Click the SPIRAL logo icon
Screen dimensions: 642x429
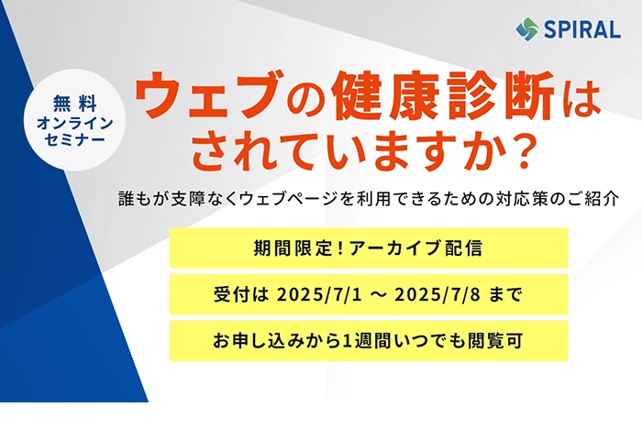(527, 29)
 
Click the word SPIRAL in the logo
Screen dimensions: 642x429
(582, 30)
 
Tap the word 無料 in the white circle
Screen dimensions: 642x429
(75, 104)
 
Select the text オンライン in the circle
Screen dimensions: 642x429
(75, 123)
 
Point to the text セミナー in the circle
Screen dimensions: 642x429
(75, 140)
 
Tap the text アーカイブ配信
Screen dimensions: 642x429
(416, 248)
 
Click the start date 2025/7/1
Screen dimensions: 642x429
(319, 294)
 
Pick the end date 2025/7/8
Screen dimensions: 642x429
(437, 294)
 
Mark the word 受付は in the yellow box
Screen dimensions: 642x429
(241, 294)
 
